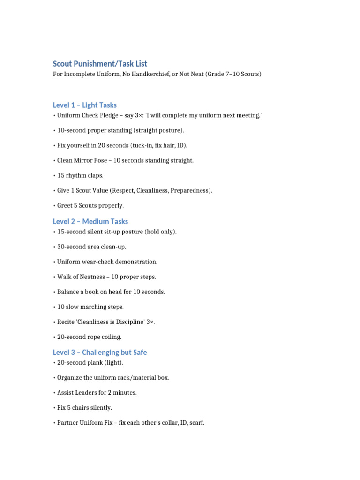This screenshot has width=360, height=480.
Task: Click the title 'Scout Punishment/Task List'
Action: (100, 64)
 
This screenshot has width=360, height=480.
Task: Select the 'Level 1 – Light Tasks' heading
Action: (84, 105)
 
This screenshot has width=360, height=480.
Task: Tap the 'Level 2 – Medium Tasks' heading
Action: (90, 221)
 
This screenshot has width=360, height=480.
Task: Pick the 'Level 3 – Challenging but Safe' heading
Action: (99, 352)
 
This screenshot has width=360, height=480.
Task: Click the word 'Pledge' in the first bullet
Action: (108, 115)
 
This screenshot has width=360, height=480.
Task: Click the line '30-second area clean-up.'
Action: (91, 247)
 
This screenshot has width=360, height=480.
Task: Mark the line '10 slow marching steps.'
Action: (90, 307)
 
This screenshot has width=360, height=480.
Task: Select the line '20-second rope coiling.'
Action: (89, 337)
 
